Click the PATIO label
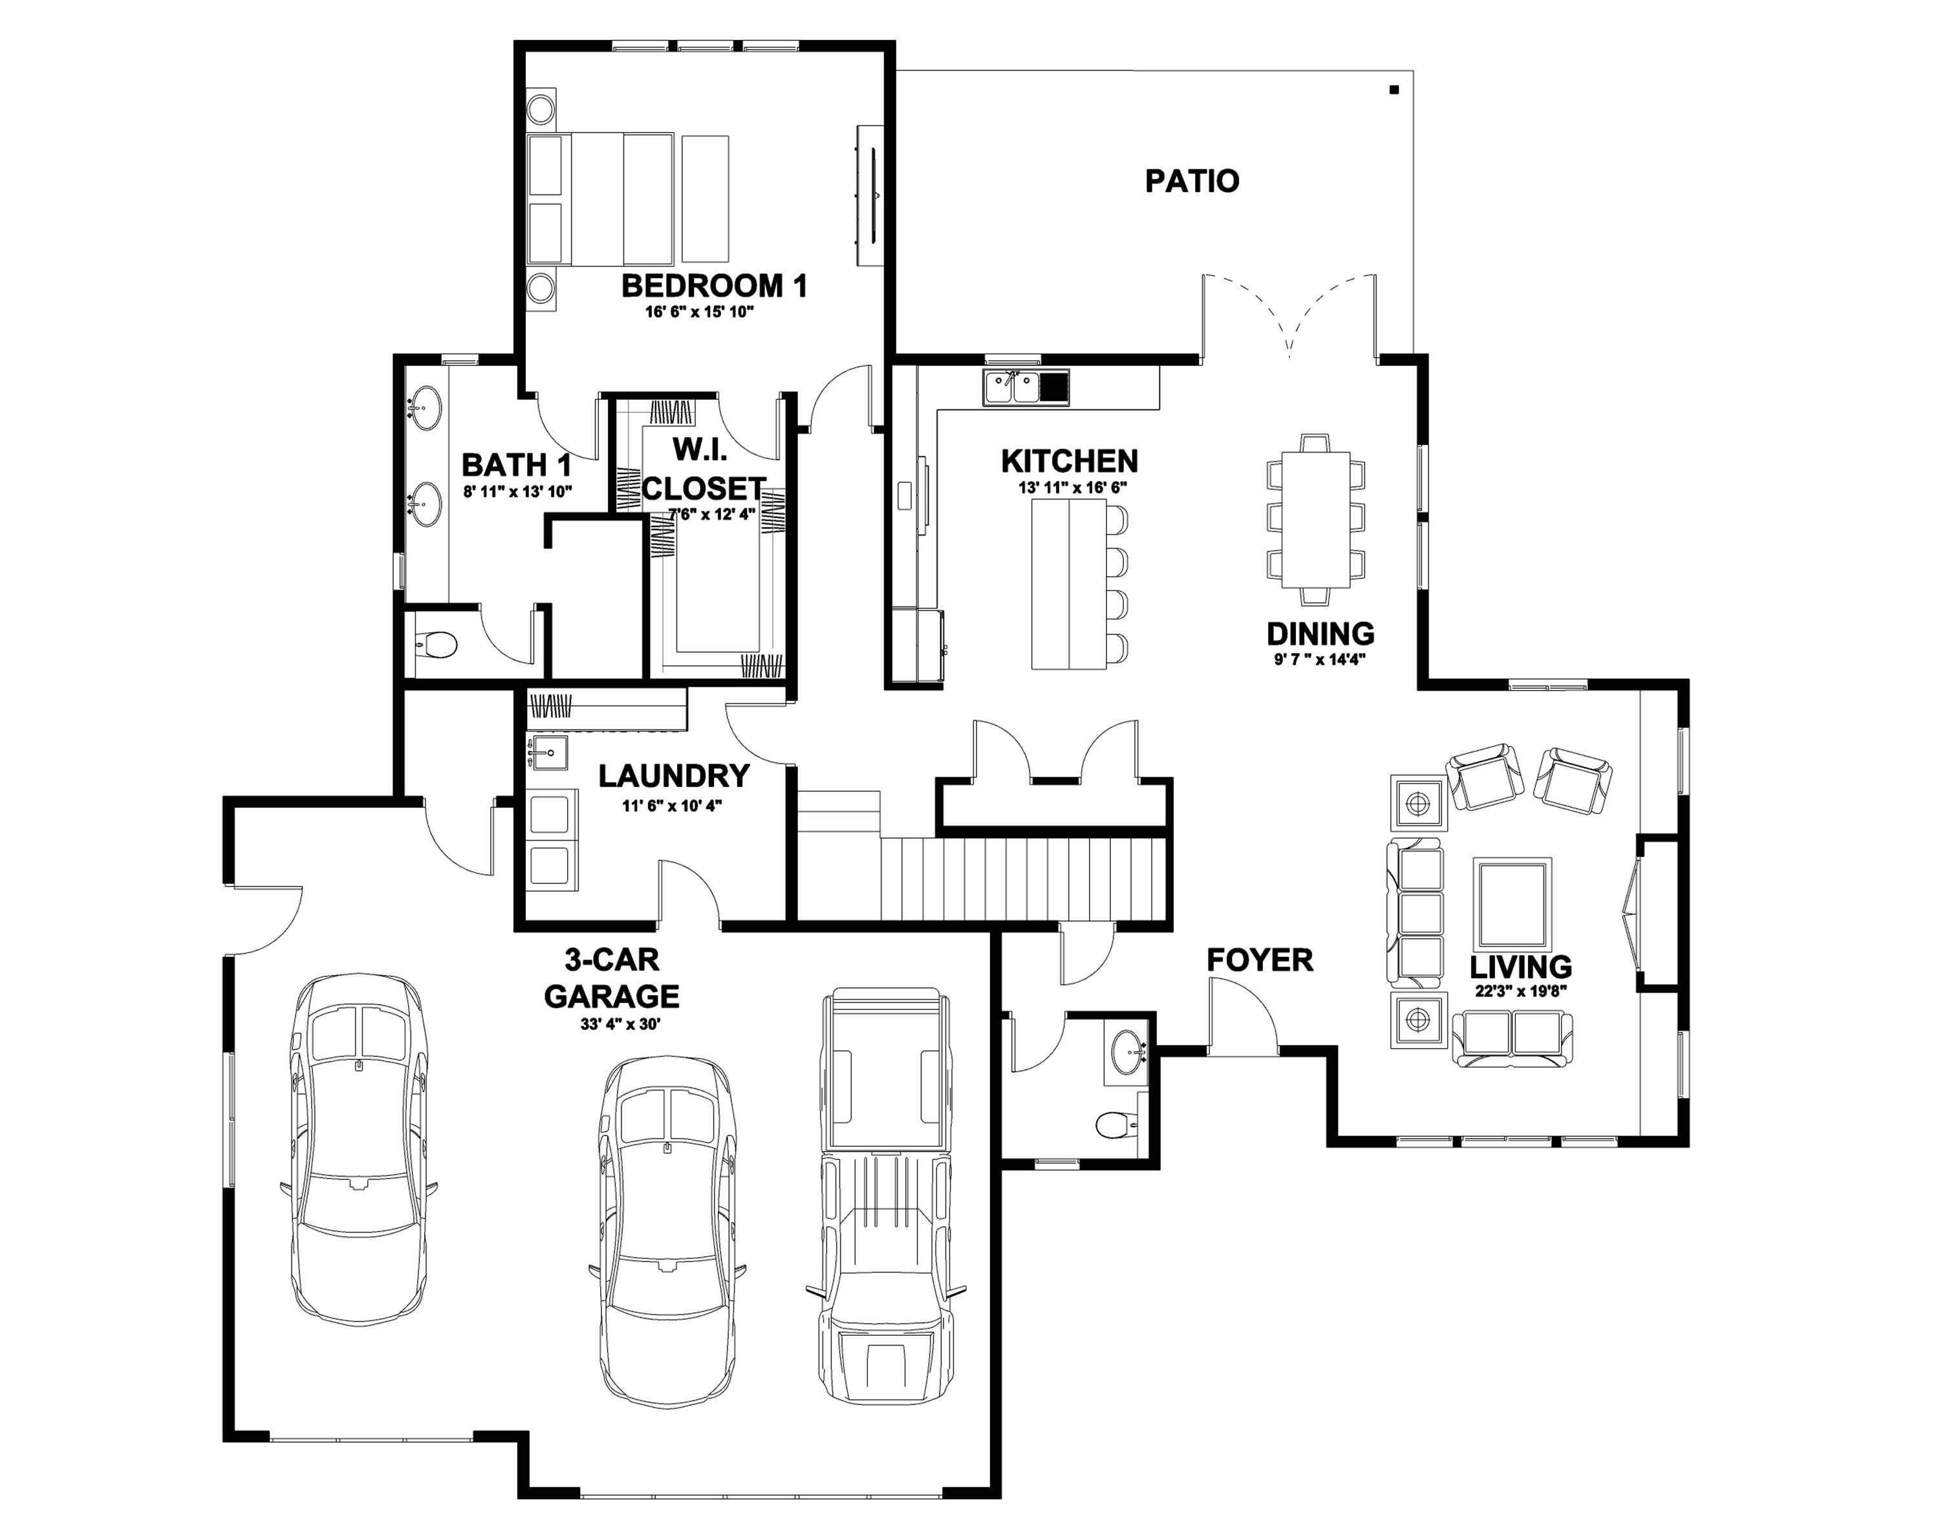pos(1191,181)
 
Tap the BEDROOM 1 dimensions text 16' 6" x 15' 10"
pos(698,312)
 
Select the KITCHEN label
pos(1069,461)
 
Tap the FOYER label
pos(1259,960)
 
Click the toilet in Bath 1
pos(438,644)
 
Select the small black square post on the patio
pos(1394,89)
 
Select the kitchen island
pos(1068,584)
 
